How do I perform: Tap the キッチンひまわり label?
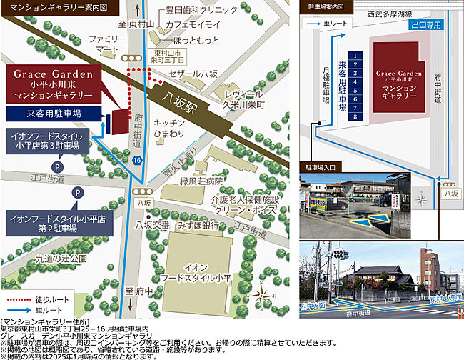click(169, 129)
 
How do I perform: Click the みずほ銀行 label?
click(198, 224)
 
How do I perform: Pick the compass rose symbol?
click(264, 293)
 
